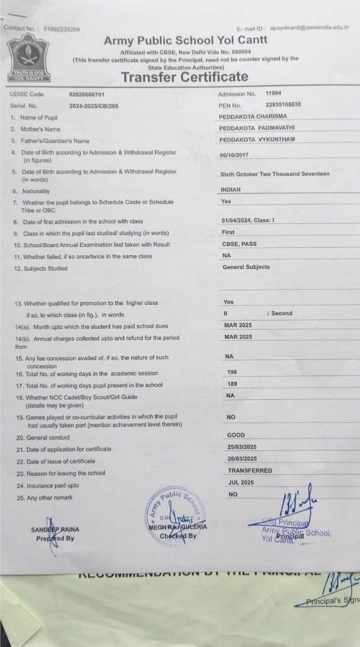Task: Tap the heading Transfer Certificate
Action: [x=185, y=77]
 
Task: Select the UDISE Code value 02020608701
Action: [x=87, y=94]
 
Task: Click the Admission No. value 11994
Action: [x=274, y=94]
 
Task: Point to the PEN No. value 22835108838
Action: [x=283, y=105]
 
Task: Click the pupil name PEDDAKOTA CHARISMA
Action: [x=253, y=116]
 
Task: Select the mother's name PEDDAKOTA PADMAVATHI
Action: [x=257, y=128]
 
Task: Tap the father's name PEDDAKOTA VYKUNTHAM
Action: [x=257, y=140]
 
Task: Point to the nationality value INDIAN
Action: [x=231, y=190]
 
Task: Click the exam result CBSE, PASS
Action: [x=239, y=244]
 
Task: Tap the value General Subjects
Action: [x=246, y=267]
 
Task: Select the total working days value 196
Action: [x=232, y=372]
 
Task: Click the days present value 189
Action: [x=232, y=384]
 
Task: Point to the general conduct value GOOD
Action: [x=236, y=435]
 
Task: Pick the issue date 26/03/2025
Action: [x=242, y=458]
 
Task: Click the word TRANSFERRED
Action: [x=250, y=470]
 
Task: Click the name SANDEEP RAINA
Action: [x=55, y=529]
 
